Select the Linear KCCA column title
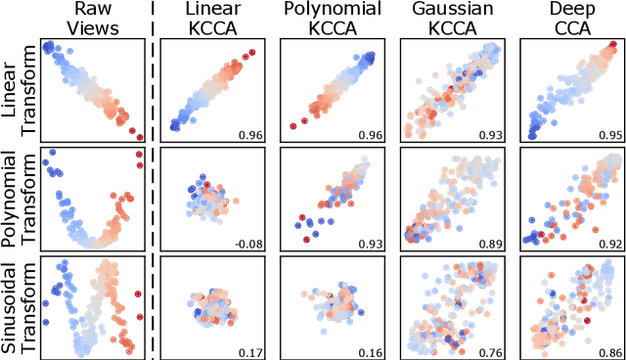[208, 18]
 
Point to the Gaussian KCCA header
[448, 18]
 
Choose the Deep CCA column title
[567, 18]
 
